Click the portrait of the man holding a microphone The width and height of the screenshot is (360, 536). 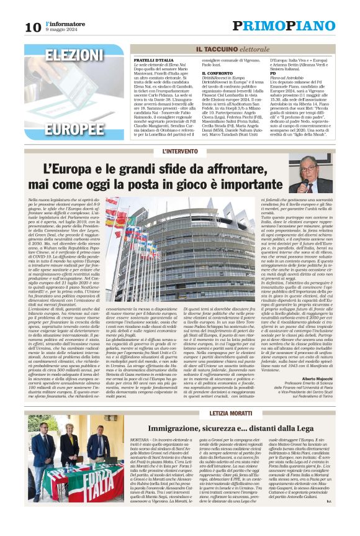[x=310, y=173]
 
